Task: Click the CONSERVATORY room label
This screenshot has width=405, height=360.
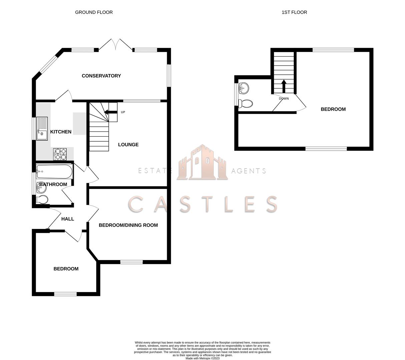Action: (x=101, y=76)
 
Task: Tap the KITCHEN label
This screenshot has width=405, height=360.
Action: (x=61, y=132)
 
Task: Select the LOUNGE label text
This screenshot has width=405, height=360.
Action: (x=128, y=145)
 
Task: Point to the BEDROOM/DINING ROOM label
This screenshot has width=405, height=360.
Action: (x=128, y=225)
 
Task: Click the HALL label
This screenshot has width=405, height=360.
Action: (x=68, y=219)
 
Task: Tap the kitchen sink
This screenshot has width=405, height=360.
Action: (x=42, y=128)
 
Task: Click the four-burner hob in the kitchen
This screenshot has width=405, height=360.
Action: (x=60, y=154)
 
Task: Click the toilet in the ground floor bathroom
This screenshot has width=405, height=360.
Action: (x=42, y=200)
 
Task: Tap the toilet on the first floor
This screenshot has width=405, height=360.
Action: (x=246, y=103)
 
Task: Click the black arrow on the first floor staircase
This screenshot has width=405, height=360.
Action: (x=284, y=86)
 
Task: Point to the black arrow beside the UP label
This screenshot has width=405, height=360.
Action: (x=111, y=112)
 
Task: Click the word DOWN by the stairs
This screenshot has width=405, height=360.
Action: (x=284, y=99)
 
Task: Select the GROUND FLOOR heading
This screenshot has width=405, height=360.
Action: (x=94, y=12)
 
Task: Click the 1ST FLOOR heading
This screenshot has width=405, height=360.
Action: (x=294, y=12)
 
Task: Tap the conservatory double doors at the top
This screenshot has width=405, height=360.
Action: (x=116, y=44)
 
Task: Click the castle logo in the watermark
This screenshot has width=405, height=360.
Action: (x=202, y=163)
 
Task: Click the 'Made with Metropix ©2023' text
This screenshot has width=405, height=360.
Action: (x=202, y=358)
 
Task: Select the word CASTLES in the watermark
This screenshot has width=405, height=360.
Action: (x=202, y=204)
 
